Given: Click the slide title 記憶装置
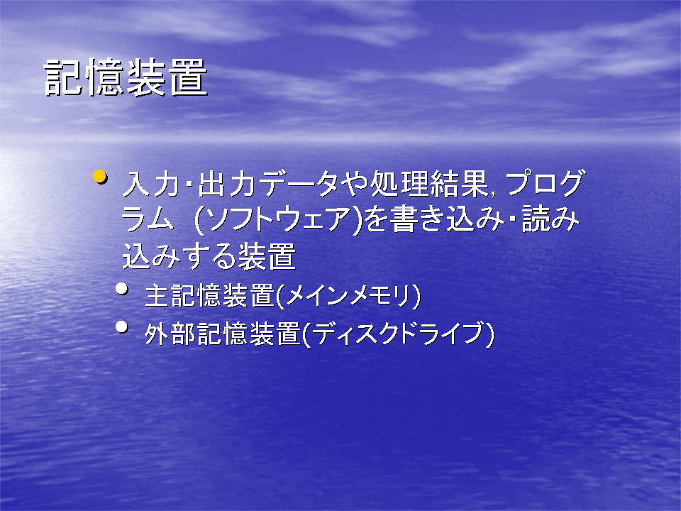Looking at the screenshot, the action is click(x=126, y=77).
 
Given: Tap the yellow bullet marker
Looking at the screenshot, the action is click(x=100, y=177).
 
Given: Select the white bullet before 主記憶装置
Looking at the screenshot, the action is click(x=122, y=289).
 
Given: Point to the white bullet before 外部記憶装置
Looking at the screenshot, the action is click(x=122, y=326).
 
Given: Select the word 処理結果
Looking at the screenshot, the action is click(x=430, y=184).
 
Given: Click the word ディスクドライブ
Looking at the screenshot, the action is click(x=398, y=334).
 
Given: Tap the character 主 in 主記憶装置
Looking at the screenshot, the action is click(x=157, y=297).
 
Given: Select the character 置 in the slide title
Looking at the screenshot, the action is click(x=189, y=77).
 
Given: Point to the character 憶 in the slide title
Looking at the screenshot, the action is click(x=105, y=77).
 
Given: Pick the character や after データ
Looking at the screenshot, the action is click(x=353, y=184).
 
